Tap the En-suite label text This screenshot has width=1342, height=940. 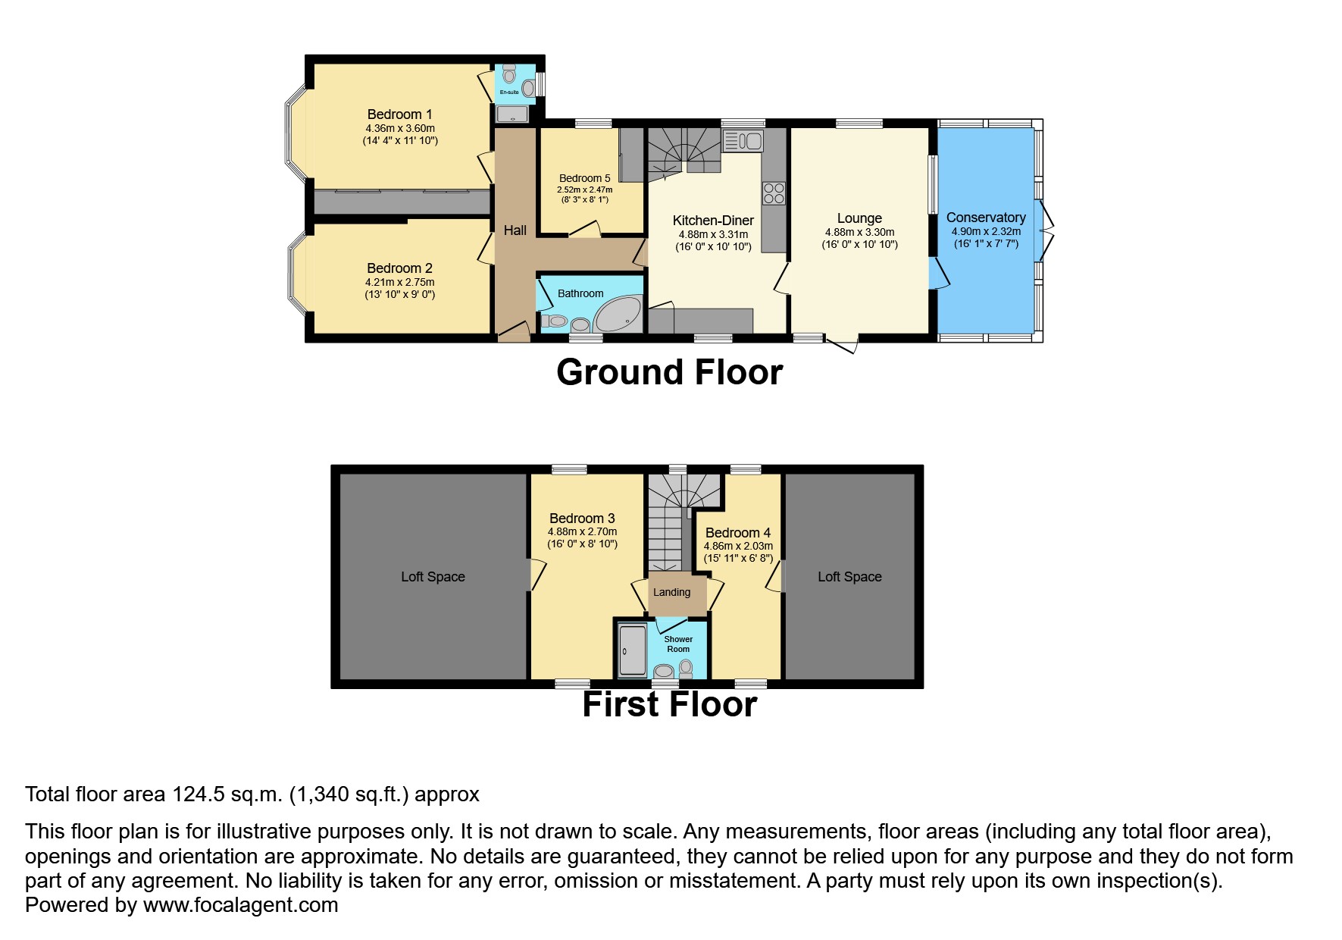pos(509,92)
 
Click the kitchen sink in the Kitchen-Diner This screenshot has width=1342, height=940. pos(743,140)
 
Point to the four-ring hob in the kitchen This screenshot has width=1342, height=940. pos(774,193)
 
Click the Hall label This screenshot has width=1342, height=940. pos(515,230)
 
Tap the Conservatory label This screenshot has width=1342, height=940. pos(986,218)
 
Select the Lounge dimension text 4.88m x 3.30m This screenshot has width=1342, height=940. pos(859,232)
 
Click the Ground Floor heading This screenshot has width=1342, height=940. pos(669,372)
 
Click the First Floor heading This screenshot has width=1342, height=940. pos(670,704)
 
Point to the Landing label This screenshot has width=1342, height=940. pos(671,592)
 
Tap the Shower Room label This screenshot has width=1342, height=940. pos(678,644)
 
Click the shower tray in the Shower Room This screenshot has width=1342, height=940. pos(632,650)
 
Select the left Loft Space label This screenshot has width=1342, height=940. pos(433,577)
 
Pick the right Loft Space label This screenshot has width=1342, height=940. pos(849,577)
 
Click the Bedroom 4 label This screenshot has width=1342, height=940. pos(737,533)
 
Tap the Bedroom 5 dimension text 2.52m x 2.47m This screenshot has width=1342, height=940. pos(584,190)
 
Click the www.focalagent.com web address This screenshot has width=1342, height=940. pos(240,905)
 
